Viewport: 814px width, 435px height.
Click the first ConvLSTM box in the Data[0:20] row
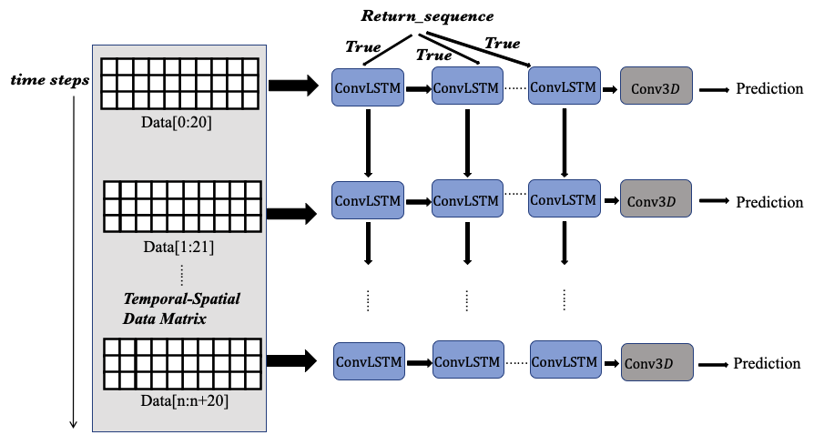[x=368, y=87]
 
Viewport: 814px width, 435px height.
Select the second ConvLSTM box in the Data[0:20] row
[x=466, y=86]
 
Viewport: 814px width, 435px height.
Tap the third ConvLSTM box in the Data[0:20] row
[x=564, y=86]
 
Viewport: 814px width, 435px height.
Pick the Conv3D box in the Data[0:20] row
[x=656, y=88]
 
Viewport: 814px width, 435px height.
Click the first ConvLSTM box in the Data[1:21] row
[x=368, y=199]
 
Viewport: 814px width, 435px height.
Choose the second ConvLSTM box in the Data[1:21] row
[x=466, y=198]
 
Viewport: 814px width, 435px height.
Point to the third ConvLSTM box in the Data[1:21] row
[x=564, y=197]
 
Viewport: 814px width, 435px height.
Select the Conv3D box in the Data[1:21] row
[x=656, y=199]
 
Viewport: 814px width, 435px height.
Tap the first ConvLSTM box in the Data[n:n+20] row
[x=369, y=361]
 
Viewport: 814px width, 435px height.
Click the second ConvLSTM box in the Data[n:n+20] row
[x=467, y=360]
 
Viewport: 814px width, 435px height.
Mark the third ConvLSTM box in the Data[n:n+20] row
[x=565, y=359]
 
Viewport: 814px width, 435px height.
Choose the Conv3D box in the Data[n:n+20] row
[x=656, y=362]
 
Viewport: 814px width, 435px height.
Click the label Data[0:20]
[x=178, y=122]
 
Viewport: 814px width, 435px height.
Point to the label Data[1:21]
[x=179, y=247]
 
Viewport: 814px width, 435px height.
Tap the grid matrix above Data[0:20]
[x=180, y=83]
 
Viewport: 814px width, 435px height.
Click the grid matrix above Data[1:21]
[x=182, y=207]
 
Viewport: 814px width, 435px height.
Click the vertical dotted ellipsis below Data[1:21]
[x=182, y=275]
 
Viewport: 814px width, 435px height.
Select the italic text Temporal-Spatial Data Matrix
[x=181, y=309]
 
